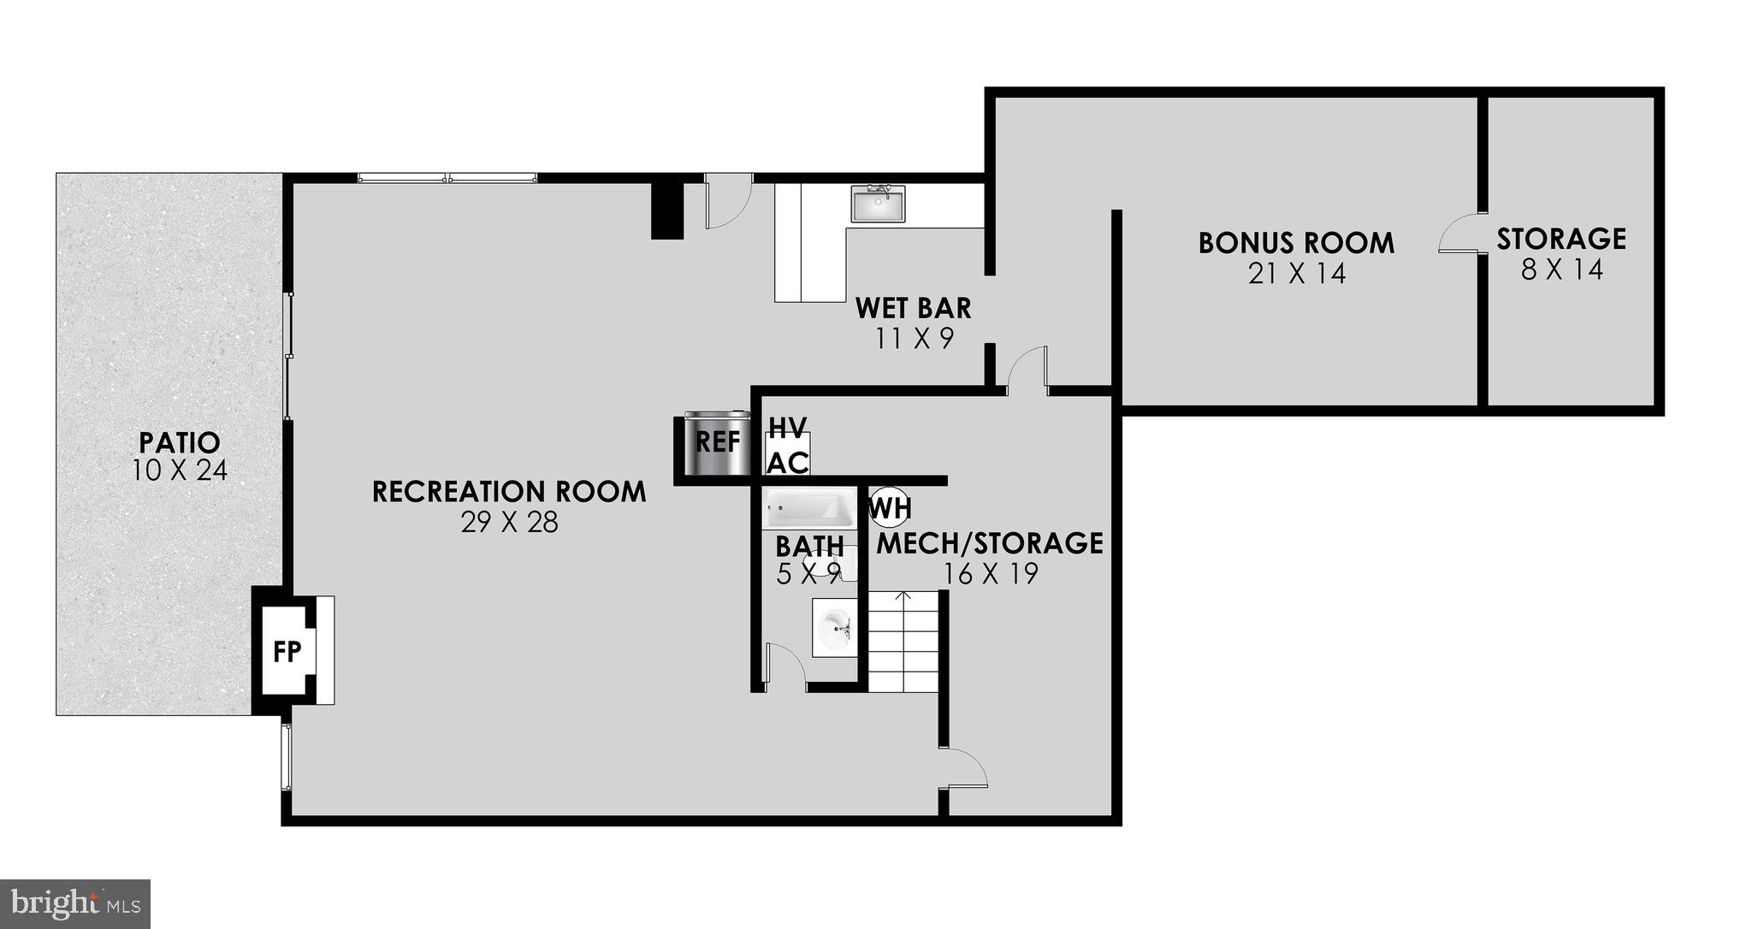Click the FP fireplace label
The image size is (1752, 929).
click(287, 651)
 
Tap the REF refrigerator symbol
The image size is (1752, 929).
click(717, 443)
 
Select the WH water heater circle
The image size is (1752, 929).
click(889, 508)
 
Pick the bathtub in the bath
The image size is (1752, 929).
click(809, 509)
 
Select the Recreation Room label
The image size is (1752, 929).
click(509, 492)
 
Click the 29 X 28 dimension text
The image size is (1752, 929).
click(509, 522)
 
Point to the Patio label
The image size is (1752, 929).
click(180, 442)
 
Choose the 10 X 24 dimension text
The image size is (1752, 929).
click(180, 470)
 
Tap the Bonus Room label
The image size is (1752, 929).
click(1296, 243)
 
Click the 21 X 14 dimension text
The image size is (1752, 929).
click(1297, 274)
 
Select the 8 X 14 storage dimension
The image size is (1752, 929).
click(1561, 269)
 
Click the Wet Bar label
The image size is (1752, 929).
click(914, 307)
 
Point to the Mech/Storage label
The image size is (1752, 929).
click(991, 542)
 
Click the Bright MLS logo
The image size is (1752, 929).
click(75, 903)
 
